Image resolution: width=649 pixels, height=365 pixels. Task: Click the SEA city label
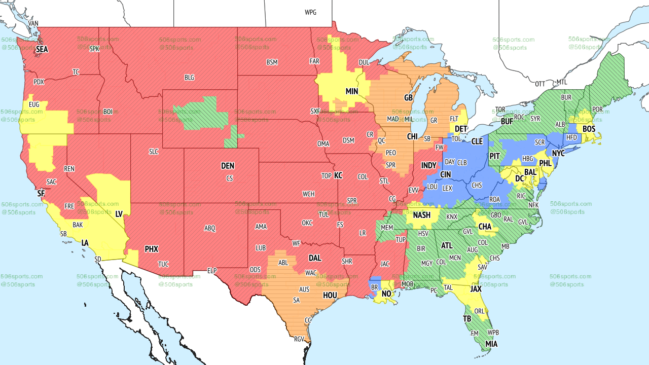(x=42, y=50)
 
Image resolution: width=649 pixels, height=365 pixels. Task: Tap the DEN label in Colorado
(x=228, y=166)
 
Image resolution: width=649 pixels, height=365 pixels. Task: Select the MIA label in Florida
(x=491, y=344)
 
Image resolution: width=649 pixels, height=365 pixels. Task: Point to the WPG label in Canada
(x=310, y=12)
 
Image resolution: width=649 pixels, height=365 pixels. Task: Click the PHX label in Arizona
(x=151, y=249)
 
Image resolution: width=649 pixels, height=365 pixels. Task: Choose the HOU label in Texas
(x=330, y=295)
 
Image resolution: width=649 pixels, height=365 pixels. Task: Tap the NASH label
(x=421, y=215)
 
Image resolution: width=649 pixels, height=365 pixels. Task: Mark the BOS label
(x=589, y=129)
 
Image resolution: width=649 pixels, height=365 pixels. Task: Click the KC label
(x=338, y=175)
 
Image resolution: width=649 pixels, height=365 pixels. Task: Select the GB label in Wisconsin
(x=408, y=97)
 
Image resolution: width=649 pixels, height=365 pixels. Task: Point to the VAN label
(x=33, y=23)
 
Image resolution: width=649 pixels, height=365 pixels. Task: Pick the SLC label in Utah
(x=154, y=152)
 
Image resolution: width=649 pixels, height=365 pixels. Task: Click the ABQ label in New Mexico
(x=210, y=228)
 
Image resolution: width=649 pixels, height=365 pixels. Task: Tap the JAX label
(x=476, y=289)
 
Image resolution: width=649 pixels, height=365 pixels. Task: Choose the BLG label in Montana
(x=189, y=78)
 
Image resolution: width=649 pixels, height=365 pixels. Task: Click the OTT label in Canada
(x=540, y=84)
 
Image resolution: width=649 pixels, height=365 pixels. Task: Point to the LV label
(x=119, y=214)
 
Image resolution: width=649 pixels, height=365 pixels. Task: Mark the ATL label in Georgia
(x=447, y=245)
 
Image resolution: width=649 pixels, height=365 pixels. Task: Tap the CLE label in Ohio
(x=477, y=141)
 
